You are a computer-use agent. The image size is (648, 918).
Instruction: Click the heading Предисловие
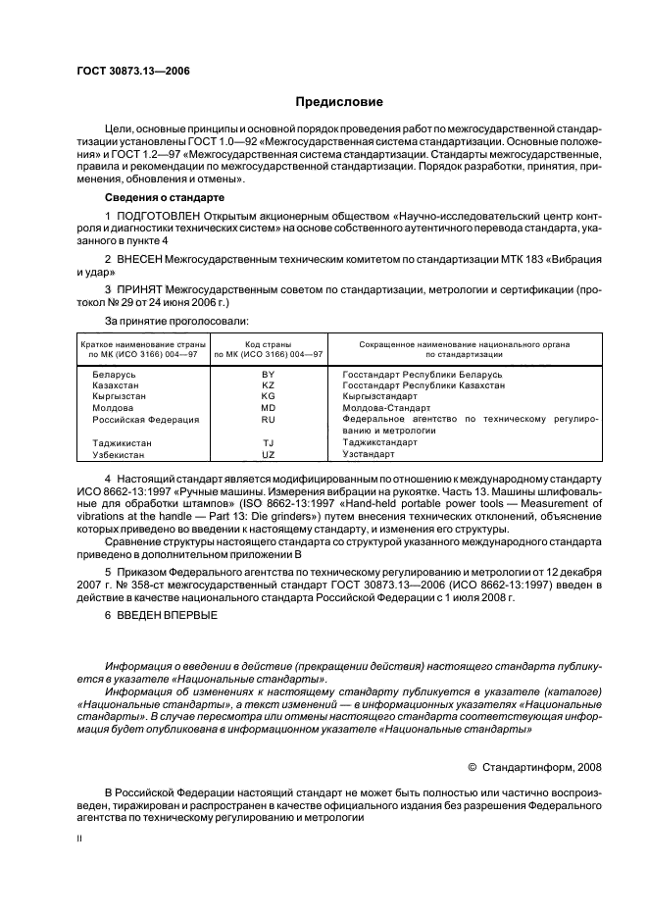pyautogui.click(x=339, y=102)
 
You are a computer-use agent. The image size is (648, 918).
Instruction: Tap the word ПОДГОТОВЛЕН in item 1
pyautogui.click(x=156, y=215)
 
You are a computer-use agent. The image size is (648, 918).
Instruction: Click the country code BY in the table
pyautogui.click(x=269, y=376)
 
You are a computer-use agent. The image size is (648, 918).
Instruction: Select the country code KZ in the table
pyautogui.click(x=269, y=386)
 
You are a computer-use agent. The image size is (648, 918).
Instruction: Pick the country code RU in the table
pyautogui.click(x=269, y=419)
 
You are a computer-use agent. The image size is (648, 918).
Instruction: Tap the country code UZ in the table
pyautogui.click(x=269, y=455)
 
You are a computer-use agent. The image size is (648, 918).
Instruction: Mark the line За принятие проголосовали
pyautogui.click(x=175, y=321)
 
